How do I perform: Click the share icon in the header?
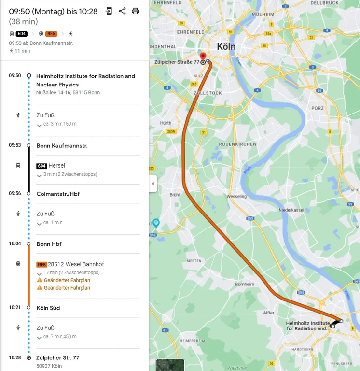(122, 11)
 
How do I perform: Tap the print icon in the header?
(136, 11)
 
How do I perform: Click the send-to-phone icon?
(109, 11)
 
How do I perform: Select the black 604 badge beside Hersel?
(42, 166)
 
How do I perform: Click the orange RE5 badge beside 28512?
(42, 264)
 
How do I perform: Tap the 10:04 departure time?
(15, 244)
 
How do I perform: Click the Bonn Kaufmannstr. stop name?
(62, 145)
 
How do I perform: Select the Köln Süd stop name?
(48, 308)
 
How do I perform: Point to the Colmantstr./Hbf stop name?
(58, 194)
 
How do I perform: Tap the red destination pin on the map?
(203, 57)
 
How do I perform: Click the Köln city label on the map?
(226, 46)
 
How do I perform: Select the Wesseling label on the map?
(236, 197)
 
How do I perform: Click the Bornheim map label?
(244, 284)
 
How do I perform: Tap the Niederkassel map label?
(291, 210)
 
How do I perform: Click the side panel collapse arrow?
(153, 184)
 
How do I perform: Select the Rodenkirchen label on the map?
(233, 144)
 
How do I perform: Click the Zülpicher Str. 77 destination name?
(58, 358)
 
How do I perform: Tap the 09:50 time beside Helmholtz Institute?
(15, 76)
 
